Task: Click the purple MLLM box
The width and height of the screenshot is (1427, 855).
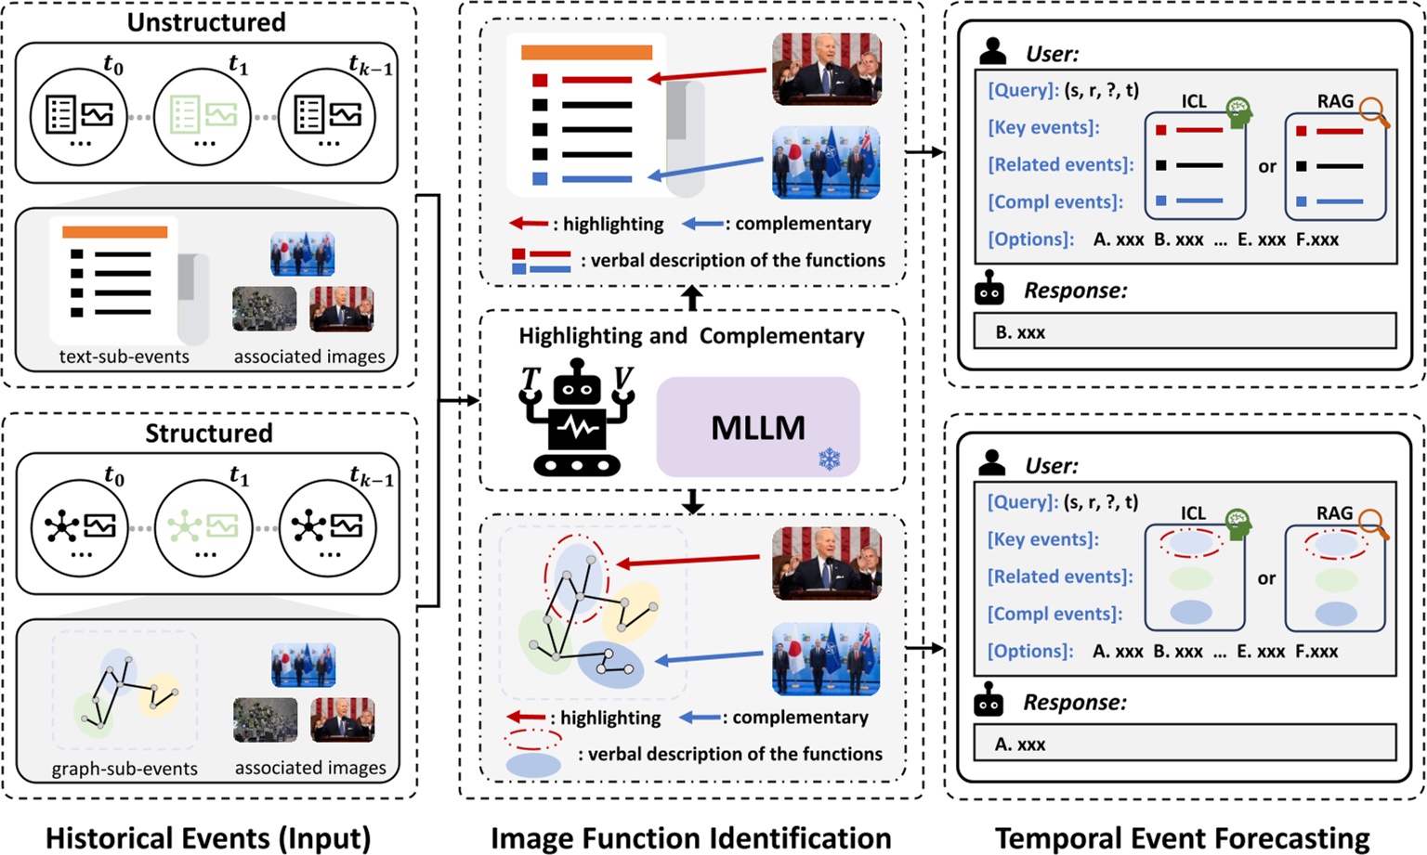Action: point(757,427)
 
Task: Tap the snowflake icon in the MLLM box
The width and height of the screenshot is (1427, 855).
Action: point(829,459)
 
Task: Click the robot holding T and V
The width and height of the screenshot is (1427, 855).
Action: point(577,418)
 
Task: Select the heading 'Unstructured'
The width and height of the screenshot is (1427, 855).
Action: point(206,22)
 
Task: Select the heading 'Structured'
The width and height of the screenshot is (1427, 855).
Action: point(208,433)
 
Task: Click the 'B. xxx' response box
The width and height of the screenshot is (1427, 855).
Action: point(1185,331)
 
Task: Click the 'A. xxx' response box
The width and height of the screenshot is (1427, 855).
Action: point(1185,744)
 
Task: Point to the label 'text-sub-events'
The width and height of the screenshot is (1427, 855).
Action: point(124,356)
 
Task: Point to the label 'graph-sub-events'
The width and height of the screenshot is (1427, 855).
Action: point(124,769)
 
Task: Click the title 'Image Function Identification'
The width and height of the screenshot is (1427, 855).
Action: point(690,838)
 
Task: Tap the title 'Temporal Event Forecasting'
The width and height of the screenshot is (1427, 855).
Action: point(1182,838)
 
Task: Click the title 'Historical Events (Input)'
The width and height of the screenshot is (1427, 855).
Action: point(208,838)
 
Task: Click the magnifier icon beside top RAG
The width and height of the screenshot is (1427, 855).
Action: point(1374,113)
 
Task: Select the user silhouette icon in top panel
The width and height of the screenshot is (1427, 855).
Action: point(992,52)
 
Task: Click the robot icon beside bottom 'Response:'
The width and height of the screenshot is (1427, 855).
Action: point(988,703)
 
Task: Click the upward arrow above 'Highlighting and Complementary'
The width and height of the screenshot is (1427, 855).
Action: point(692,298)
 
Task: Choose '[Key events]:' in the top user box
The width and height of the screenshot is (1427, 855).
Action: point(1043,127)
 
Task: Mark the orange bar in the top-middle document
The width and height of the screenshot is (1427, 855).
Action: point(586,52)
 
